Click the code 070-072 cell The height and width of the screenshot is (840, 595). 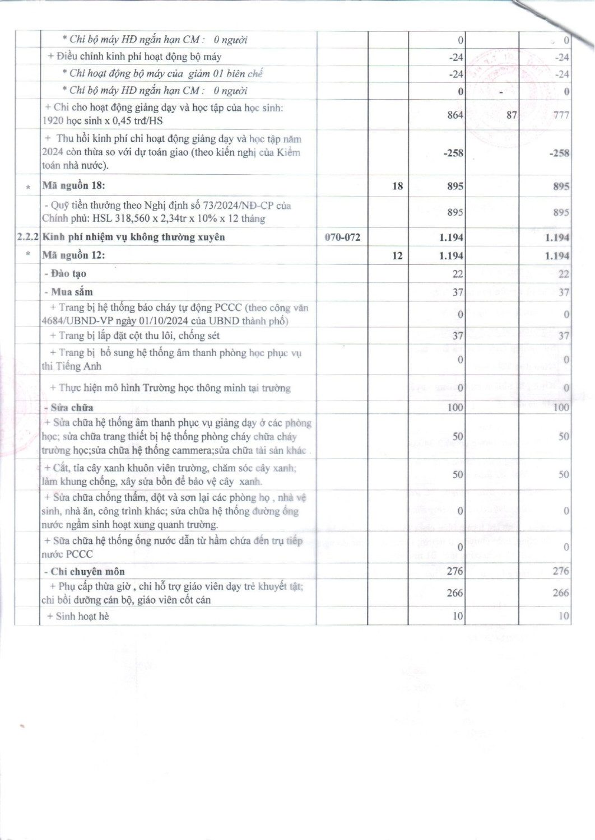click(x=342, y=237)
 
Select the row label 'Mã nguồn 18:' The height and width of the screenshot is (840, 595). click(x=74, y=186)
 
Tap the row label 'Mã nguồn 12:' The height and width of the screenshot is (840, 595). click(x=74, y=255)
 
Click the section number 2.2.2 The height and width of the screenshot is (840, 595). click(x=27, y=237)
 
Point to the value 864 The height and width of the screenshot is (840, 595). click(x=455, y=115)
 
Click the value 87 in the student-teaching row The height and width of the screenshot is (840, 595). click(x=511, y=115)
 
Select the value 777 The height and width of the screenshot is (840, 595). click(x=560, y=115)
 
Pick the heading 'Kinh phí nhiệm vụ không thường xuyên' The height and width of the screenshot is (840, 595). click(x=134, y=237)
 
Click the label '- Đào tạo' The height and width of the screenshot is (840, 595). click(x=66, y=274)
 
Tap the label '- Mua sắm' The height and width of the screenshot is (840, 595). click(x=69, y=292)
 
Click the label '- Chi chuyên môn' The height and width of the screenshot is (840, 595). click(x=85, y=572)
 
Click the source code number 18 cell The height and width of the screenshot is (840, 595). click(x=397, y=186)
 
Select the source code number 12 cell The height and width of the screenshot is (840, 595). click(x=397, y=255)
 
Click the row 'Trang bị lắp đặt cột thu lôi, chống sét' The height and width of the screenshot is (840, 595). click(x=135, y=336)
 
